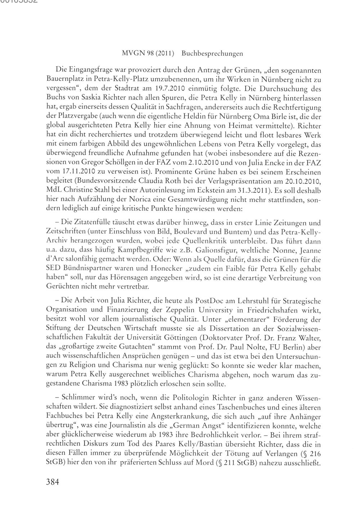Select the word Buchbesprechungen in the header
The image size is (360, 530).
point(212,54)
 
